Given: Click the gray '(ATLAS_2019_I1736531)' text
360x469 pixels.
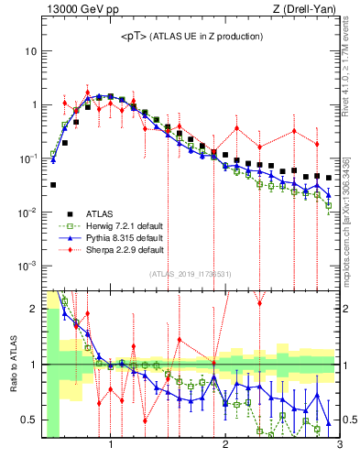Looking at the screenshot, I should pos(191,274).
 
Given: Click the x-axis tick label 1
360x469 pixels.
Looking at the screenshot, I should pos(111,446).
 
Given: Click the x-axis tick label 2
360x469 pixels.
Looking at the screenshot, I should pos(225,446).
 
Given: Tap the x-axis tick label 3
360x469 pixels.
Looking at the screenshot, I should pos(339,446).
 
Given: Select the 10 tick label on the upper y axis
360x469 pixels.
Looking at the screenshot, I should pos(30,51).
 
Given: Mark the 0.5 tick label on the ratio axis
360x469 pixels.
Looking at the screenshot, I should pos(28,420).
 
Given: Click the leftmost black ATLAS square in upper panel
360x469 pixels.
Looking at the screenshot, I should pos(53,185).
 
